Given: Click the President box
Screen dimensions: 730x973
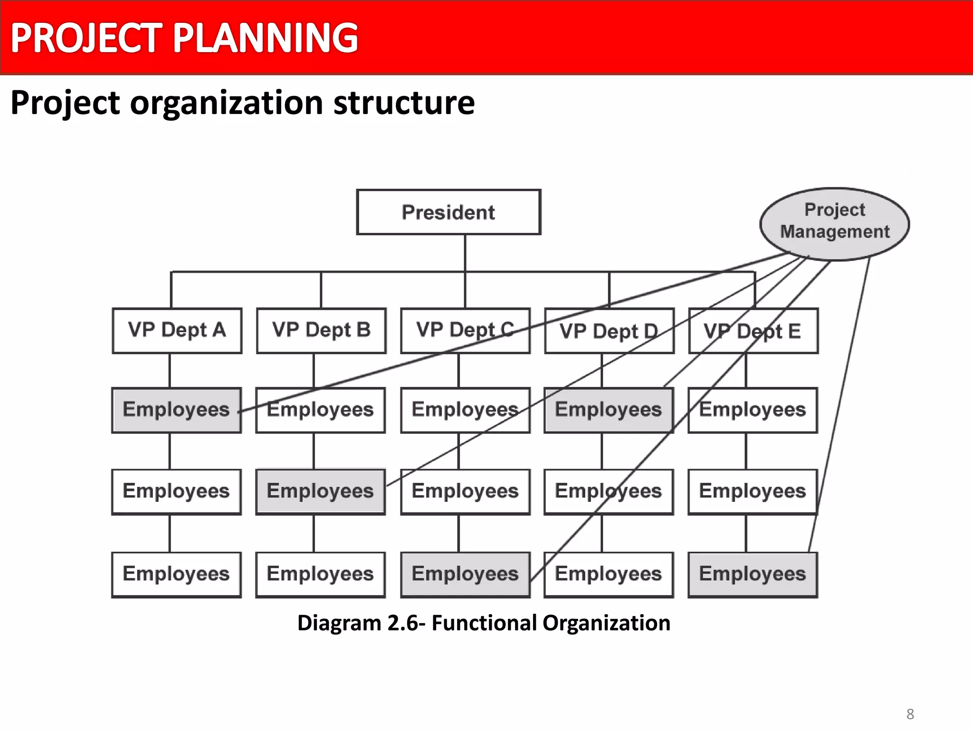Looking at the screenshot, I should pyautogui.click(x=448, y=212).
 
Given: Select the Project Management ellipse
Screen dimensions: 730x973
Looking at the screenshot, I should pyautogui.click(x=834, y=223).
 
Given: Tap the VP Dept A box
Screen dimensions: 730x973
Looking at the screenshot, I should pyautogui.click(x=177, y=330).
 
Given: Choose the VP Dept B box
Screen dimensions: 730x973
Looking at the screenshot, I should pyautogui.click(x=321, y=330).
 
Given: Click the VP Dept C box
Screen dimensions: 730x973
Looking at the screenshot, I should pyautogui.click(x=465, y=330).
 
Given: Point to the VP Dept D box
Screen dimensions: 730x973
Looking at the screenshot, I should pyautogui.click(x=609, y=331).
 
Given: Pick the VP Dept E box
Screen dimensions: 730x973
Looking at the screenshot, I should pyautogui.click(x=753, y=331).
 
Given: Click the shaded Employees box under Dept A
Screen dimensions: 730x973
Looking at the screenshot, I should pyautogui.click(x=176, y=410).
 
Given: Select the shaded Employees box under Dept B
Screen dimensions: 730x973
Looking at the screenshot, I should pyautogui.click(x=320, y=491).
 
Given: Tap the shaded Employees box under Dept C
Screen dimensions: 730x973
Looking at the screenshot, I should pyautogui.click(x=465, y=574).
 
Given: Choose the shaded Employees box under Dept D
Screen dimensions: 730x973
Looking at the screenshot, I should pyautogui.click(x=609, y=410).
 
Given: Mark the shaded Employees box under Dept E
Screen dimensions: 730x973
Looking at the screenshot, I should pyautogui.click(x=753, y=574).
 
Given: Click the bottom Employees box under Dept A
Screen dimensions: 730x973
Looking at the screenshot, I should pyautogui.click(x=176, y=574).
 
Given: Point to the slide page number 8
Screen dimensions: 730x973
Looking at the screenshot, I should pyautogui.click(x=910, y=714).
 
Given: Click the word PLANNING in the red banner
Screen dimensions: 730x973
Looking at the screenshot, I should pyautogui.click(x=265, y=38).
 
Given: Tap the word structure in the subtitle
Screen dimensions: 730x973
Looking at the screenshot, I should pyautogui.click(x=404, y=103).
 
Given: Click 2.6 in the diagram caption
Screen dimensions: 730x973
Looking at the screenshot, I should pyautogui.click(x=403, y=623).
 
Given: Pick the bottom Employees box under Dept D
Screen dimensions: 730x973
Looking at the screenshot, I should pyautogui.click(x=609, y=574).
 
